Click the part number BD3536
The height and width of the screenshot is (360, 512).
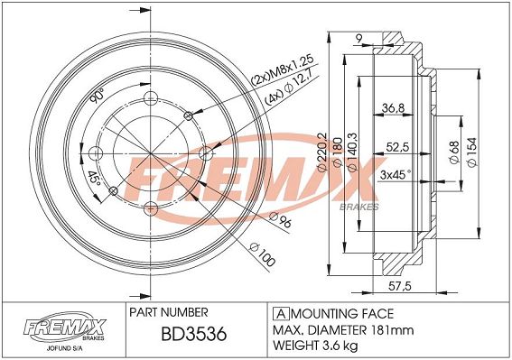point(193,334)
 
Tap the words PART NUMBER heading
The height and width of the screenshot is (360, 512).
point(169,312)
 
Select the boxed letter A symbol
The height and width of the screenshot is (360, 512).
point(281,314)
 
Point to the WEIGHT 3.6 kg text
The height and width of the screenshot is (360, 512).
point(315,345)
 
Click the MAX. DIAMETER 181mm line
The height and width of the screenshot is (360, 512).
point(343,330)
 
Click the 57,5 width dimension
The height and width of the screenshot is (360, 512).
point(400,286)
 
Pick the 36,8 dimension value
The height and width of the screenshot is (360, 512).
point(393,107)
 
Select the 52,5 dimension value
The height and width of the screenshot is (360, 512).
point(397,148)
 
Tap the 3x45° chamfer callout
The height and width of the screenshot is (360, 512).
point(396,175)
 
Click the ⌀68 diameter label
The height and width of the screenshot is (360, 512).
point(454,152)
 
